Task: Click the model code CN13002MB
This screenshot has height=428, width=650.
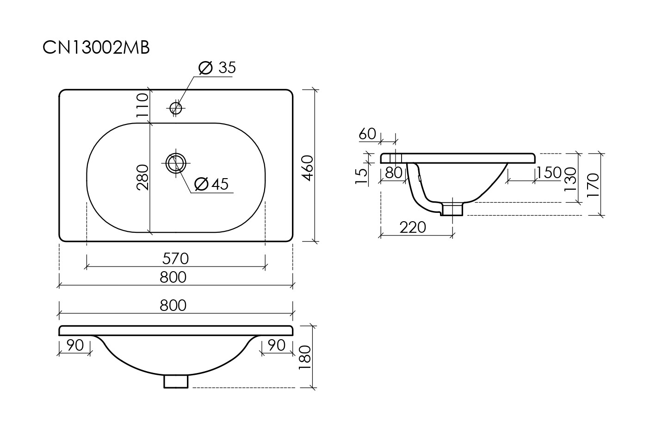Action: pyautogui.click(x=96, y=48)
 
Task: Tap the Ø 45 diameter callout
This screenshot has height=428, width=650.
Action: pyautogui.click(x=212, y=184)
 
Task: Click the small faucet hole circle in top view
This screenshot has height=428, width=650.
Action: pyautogui.click(x=176, y=108)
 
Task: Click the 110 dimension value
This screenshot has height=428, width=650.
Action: pyautogui.click(x=142, y=105)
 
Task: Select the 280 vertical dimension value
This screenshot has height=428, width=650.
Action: pyautogui.click(x=142, y=177)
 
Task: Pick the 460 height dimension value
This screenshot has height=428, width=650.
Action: pyautogui.click(x=308, y=168)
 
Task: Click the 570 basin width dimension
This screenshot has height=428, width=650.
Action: pyautogui.click(x=175, y=258)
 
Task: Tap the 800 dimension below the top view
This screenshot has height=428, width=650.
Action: pyautogui.click(x=173, y=277)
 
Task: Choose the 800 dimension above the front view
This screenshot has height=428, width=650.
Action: pyautogui.click(x=173, y=305)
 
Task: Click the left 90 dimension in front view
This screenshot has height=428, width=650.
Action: pyautogui.click(x=74, y=345)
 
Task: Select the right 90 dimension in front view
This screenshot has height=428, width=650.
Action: pyautogui.click(x=276, y=345)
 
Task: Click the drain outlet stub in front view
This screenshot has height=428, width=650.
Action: pyautogui.click(x=176, y=381)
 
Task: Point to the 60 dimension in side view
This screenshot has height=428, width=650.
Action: pyautogui.click(x=367, y=134)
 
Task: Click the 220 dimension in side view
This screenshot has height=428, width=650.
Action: pyautogui.click(x=413, y=227)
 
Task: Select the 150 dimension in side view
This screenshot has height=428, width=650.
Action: pyautogui.click(x=550, y=173)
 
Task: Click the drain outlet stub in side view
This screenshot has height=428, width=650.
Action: pyautogui.click(x=452, y=209)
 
